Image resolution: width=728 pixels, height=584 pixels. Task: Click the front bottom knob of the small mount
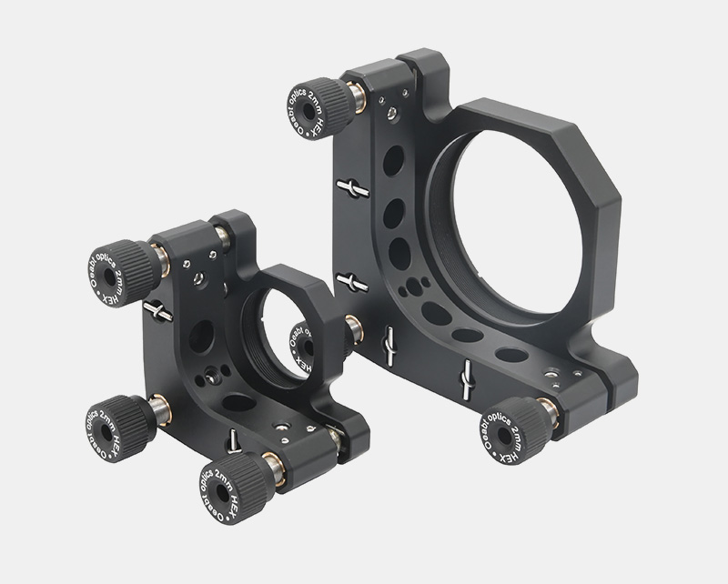(228, 482)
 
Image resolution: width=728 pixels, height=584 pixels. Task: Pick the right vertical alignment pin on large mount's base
(468, 377)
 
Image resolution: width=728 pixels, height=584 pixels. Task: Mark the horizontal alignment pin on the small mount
(157, 311)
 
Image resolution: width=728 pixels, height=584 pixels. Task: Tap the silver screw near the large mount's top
(391, 112)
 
